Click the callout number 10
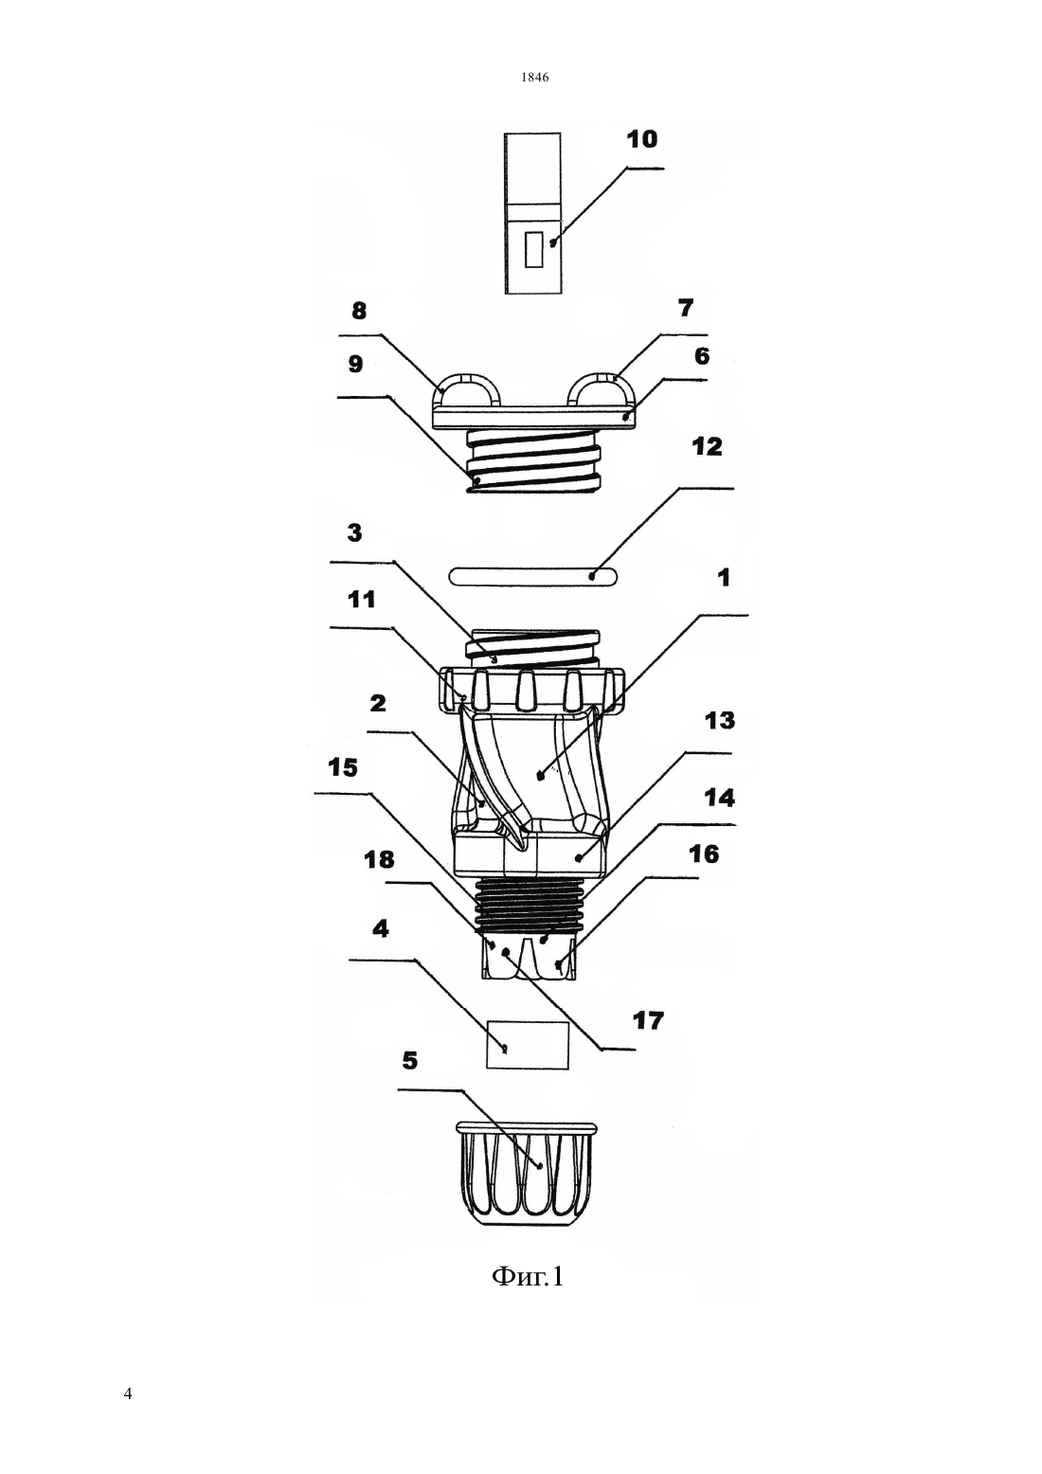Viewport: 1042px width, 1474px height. tap(642, 139)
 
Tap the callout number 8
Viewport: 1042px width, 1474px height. tap(358, 311)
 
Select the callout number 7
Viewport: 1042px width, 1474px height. tap(686, 307)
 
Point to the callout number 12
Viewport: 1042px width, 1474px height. tap(708, 447)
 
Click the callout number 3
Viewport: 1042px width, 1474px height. tap(354, 532)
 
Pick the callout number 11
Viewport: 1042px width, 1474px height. tap(361, 599)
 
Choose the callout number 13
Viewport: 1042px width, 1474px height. tap(720, 720)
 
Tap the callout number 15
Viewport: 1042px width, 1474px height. tap(343, 767)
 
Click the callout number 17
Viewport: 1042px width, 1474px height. tap(649, 1020)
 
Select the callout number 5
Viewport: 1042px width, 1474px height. tap(410, 1060)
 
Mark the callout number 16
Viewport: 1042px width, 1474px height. tap(704, 854)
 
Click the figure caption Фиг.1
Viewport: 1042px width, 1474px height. tap(529, 1277)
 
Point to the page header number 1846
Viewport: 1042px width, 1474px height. tap(535, 77)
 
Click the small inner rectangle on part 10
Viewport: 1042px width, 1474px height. tap(533, 249)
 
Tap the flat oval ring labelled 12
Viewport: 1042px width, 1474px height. tap(533, 576)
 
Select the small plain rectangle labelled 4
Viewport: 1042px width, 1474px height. tap(527, 1045)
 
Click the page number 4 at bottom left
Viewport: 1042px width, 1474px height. tap(128, 1393)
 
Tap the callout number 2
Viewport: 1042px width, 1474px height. tap(378, 704)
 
